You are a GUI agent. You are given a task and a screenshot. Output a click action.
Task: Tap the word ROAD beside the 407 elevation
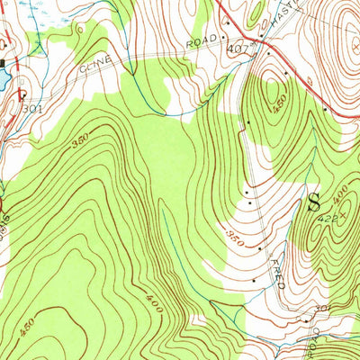203,41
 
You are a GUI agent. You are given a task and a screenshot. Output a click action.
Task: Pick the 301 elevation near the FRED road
323,309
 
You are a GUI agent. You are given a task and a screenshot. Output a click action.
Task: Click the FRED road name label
275,273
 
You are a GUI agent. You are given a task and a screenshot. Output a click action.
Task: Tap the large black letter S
315,201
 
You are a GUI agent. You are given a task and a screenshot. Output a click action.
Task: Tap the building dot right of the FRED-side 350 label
260,247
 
